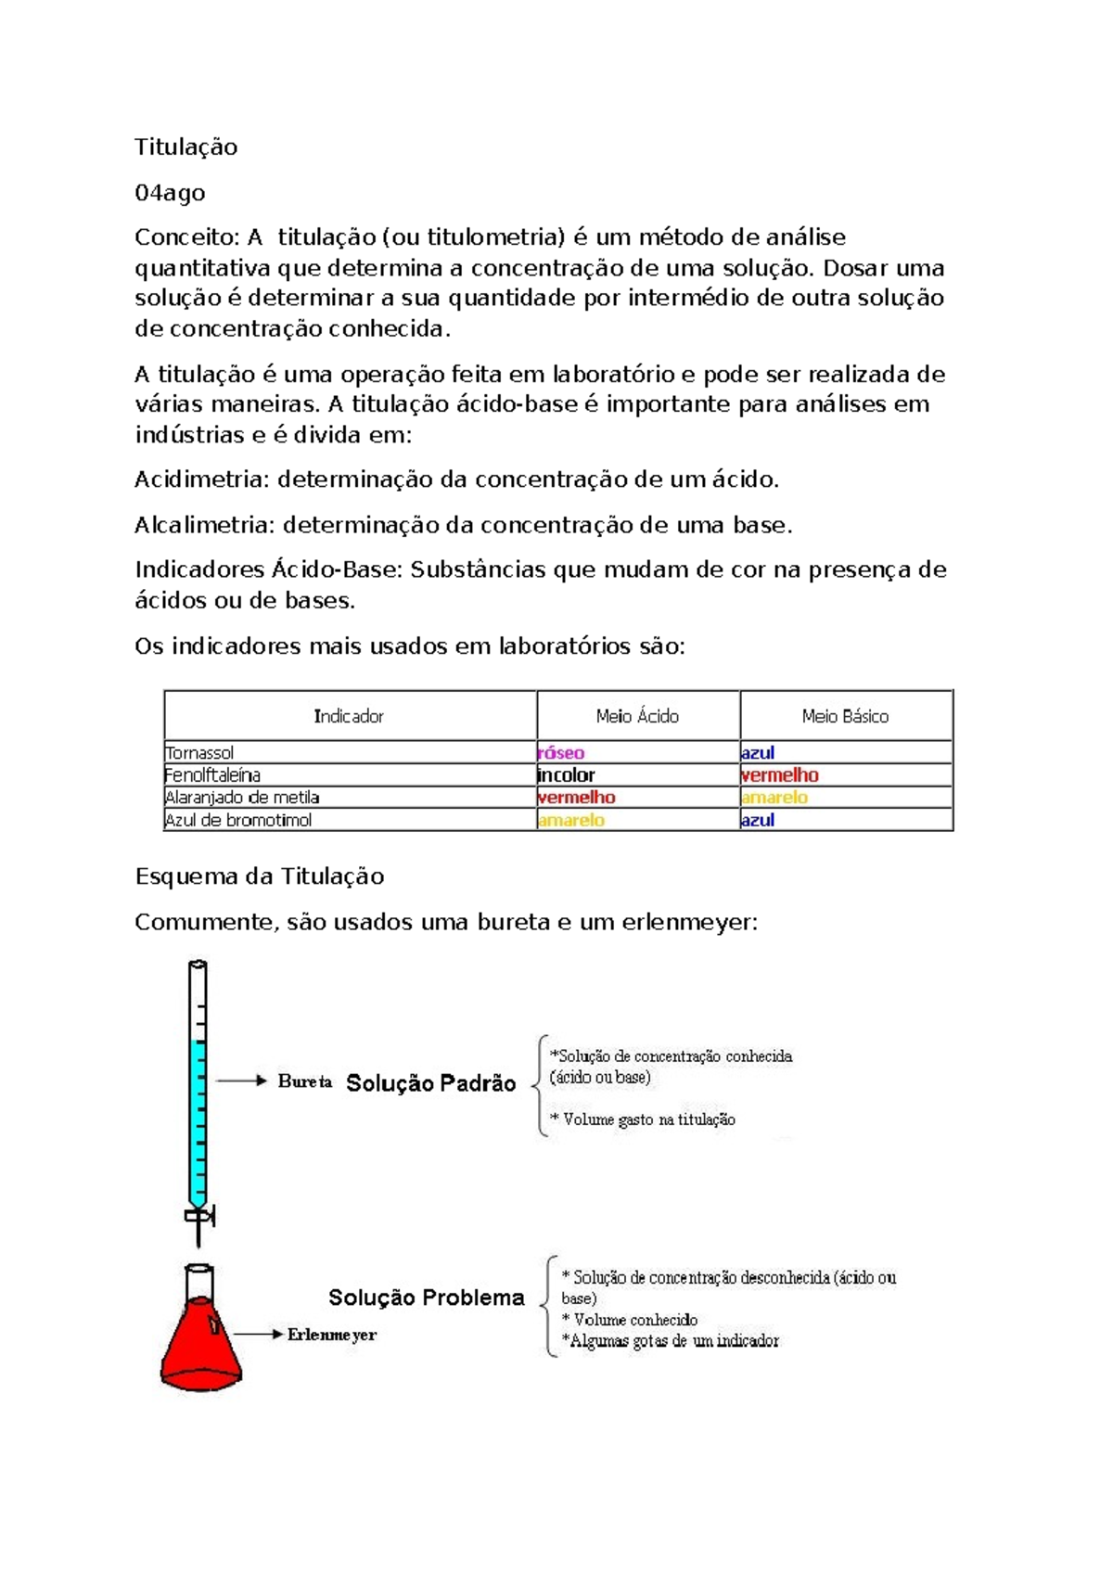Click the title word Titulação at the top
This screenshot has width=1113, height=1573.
click(x=185, y=147)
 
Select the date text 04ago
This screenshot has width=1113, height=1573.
click(x=170, y=193)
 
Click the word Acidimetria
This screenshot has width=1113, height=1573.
click(x=201, y=480)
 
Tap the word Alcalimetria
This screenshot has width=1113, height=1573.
click(x=205, y=525)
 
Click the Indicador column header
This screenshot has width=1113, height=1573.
click(x=349, y=716)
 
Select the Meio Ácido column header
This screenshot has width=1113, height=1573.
click(x=637, y=716)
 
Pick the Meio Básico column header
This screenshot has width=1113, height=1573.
click(x=845, y=716)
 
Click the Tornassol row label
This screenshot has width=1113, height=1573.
click(x=199, y=753)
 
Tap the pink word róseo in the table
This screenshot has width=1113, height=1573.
click(x=561, y=753)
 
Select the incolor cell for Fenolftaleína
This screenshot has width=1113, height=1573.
click(x=566, y=775)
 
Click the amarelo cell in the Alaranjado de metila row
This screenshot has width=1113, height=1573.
click(x=774, y=798)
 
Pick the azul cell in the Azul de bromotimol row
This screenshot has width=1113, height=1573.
click(x=758, y=820)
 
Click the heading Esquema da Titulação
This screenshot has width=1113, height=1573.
click(x=260, y=876)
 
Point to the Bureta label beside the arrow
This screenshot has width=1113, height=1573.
click(x=305, y=1081)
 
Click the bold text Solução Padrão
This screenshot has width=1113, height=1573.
click(x=430, y=1083)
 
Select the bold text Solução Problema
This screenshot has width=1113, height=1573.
click(x=427, y=1298)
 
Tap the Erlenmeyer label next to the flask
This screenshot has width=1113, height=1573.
click(x=332, y=1335)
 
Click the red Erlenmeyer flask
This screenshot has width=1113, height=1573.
click(x=200, y=1345)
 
